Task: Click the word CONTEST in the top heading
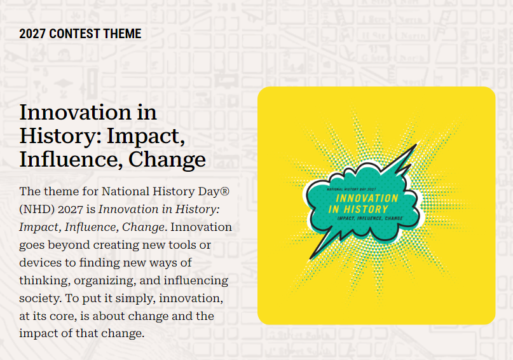coord(70,34)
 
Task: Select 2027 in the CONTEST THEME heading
coord(32,34)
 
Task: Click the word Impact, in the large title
coord(146,136)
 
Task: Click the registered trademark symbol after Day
coord(225,191)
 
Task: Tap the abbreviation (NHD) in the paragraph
coord(37,209)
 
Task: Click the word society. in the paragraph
coord(40,298)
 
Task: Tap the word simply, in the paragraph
coord(135,298)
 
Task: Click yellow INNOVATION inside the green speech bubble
coord(367,198)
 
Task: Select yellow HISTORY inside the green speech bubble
coord(366,209)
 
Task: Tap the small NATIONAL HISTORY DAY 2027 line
coord(352,189)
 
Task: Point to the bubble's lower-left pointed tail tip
coord(310,260)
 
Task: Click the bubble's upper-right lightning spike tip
coord(417,143)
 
